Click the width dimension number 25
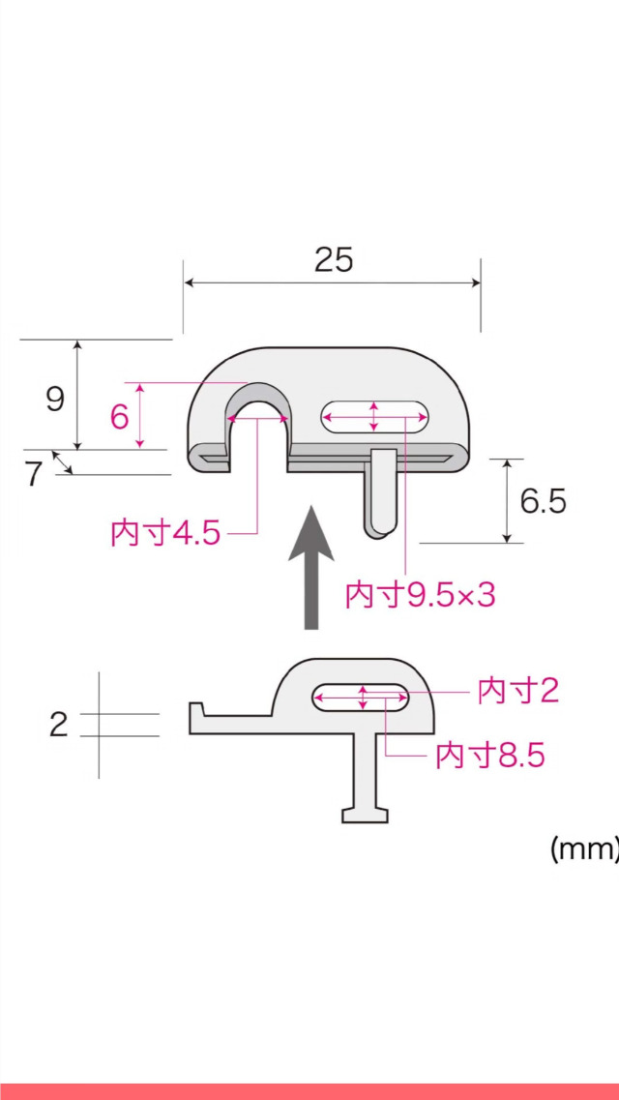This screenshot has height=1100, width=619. [x=334, y=259]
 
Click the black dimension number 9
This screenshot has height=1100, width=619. [x=55, y=398]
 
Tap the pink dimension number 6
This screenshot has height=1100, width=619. [x=119, y=417]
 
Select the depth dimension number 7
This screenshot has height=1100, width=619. [x=34, y=474]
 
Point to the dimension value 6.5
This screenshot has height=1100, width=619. [x=543, y=501]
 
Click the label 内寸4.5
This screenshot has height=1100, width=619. [x=165, y=533]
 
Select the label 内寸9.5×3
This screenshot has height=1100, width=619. [x=420, y=595]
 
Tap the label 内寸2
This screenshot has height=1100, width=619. [x=518, y=691]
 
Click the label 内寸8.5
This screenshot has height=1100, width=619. [x=490, y=756]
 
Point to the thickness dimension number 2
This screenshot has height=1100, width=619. [x=59, y=725]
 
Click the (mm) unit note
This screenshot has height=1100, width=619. [x=583, y=849]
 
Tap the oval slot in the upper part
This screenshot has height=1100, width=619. [x=374, y=417]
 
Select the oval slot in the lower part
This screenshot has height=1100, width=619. [x=360, y=697]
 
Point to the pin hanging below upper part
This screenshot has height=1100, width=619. [x=380, y=493]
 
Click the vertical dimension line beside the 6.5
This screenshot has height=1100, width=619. [x=506, y=500]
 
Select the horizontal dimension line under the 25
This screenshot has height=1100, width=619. [x=332, y=282]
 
